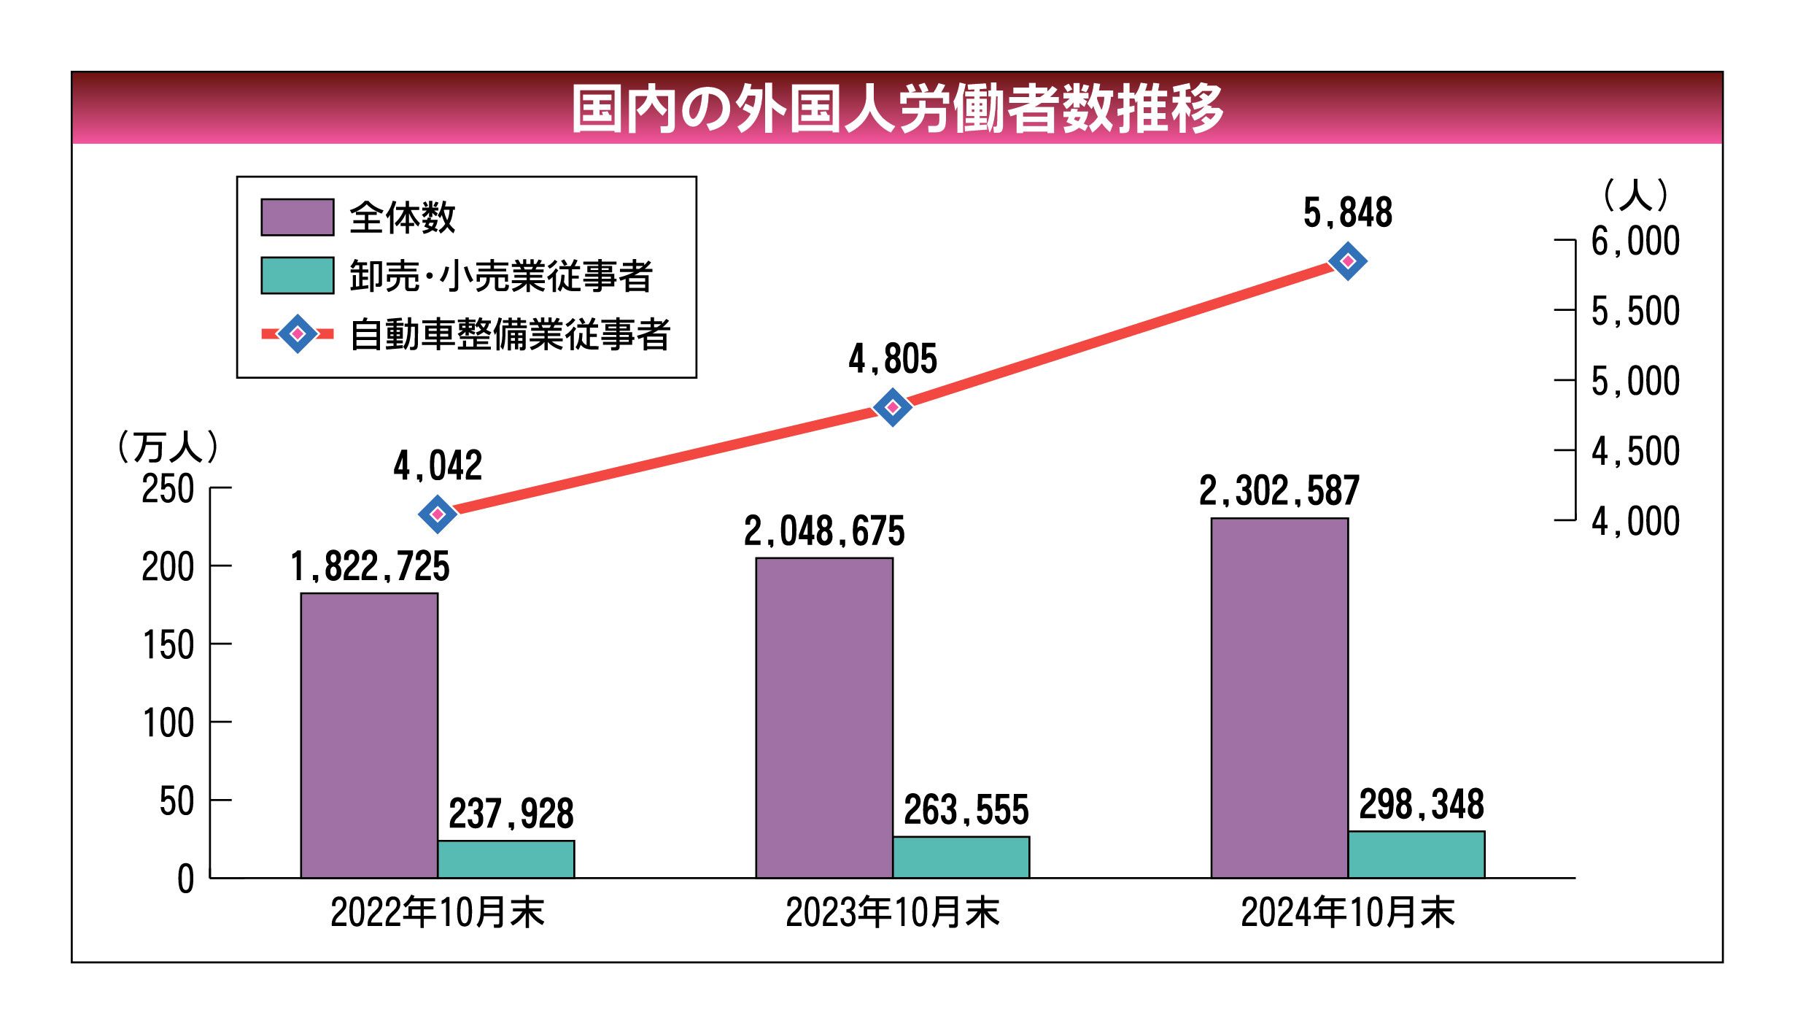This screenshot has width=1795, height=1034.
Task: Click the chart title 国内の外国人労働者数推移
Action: (896, 109)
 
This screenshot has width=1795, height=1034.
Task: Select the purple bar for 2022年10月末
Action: (369, 735)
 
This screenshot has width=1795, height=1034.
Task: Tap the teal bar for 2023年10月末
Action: (961, 857)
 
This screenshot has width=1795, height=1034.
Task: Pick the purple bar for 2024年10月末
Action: (1279, 698)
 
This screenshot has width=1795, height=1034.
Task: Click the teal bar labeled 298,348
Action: (1416, 854)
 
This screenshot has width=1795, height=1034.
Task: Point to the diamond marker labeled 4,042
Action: (438, 514)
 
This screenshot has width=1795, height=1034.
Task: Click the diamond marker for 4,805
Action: (893, 407)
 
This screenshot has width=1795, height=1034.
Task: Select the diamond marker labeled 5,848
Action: (1347, 261)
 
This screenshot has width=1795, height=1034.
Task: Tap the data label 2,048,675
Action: (824, 531)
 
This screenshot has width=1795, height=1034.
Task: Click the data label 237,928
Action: (511, 814)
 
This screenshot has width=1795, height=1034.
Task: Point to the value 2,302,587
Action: (1279, 490)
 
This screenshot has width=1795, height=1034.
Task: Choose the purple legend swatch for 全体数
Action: (298, 217)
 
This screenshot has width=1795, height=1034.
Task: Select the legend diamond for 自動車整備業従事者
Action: (298, 334)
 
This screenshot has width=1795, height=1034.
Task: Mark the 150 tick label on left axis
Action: (168, 646)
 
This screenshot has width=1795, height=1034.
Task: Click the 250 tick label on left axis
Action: (168, 489)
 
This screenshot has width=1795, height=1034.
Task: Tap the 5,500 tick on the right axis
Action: (1635, 312)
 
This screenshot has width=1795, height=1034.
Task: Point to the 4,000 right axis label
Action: (1635, 522)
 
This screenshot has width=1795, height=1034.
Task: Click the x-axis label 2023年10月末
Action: (892, 912)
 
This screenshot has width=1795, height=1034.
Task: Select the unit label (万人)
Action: (168, 447)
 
